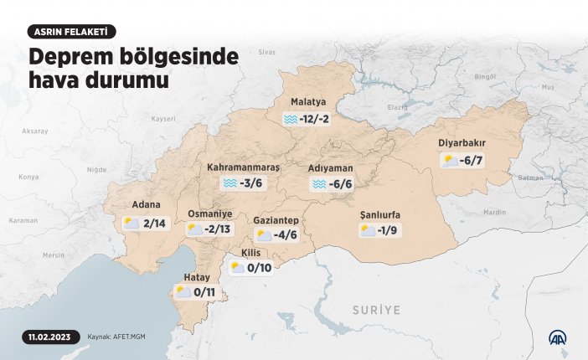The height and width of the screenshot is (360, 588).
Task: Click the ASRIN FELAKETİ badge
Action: click(71, 32)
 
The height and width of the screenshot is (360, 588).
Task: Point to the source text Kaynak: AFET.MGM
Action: click(116, 338)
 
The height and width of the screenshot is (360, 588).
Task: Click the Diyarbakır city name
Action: click(462, 142)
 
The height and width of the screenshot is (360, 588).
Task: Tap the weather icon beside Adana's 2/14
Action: click(132, 224)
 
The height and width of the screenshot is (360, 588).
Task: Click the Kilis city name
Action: click(251, 253)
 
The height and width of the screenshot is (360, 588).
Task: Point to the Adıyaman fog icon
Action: click(318, 184)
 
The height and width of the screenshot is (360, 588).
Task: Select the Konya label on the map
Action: click(29, 177)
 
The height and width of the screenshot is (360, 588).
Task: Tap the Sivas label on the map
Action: click(266, 52)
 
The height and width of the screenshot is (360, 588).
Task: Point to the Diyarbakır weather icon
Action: click(450, 160)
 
